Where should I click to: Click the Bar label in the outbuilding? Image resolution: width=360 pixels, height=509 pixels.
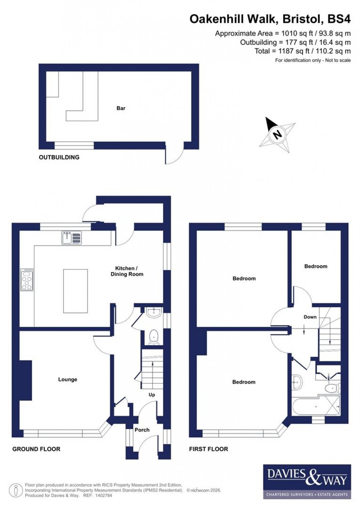[x=121, y=108]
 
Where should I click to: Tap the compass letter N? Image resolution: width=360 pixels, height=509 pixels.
[x=278, y=135]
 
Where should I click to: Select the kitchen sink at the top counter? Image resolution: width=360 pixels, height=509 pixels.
[x=72, y=238]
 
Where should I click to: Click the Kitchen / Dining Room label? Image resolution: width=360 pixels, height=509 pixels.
[x=127, y=271]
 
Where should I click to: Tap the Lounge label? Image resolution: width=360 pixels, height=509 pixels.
[x=68, y=379]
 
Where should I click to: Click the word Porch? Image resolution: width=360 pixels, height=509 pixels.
[x=142, y=430]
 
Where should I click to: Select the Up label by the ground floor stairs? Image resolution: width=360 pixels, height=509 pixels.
[x=152, y=395]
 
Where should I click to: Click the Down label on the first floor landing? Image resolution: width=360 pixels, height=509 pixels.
[x=310, y=317]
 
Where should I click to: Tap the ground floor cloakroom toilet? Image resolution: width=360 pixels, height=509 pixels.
[x=154, y=337]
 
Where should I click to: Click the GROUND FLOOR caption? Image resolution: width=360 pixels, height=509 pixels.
[x=36, y=449]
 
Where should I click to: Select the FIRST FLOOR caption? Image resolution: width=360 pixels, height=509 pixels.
[x=208, y=449]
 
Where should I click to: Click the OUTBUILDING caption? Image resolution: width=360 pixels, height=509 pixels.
[x=59, y=157]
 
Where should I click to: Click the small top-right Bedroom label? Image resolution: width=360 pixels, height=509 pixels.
[x=316, y=266]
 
